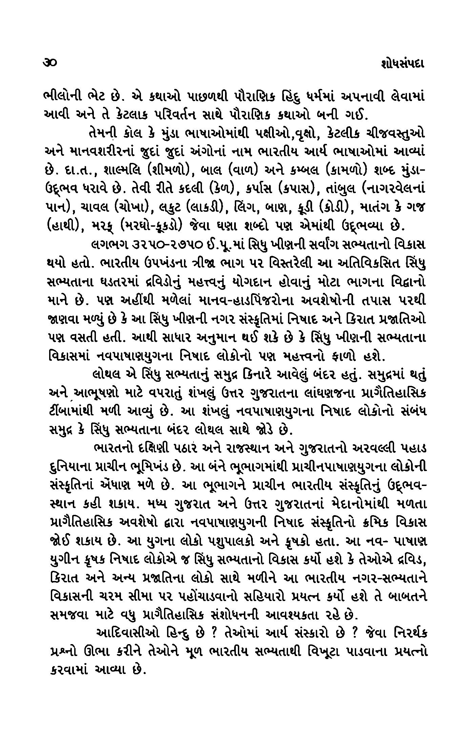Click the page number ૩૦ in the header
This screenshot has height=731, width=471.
click(50, 62)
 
